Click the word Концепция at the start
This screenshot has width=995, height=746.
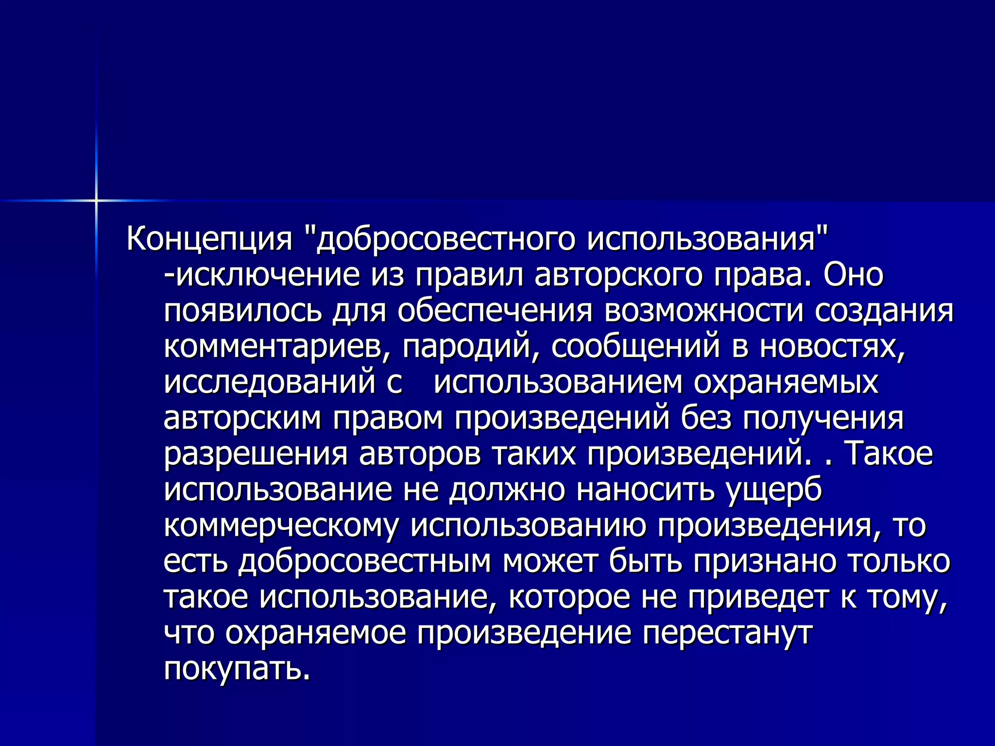(209, 239)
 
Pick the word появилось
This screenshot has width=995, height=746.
(242, 311)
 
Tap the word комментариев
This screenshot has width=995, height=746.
(277, 347)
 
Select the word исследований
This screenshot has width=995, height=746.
(270, 382)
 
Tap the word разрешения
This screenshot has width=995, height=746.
(256, 454)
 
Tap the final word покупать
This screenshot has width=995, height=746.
(237, 669)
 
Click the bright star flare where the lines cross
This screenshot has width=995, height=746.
(96, 200)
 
